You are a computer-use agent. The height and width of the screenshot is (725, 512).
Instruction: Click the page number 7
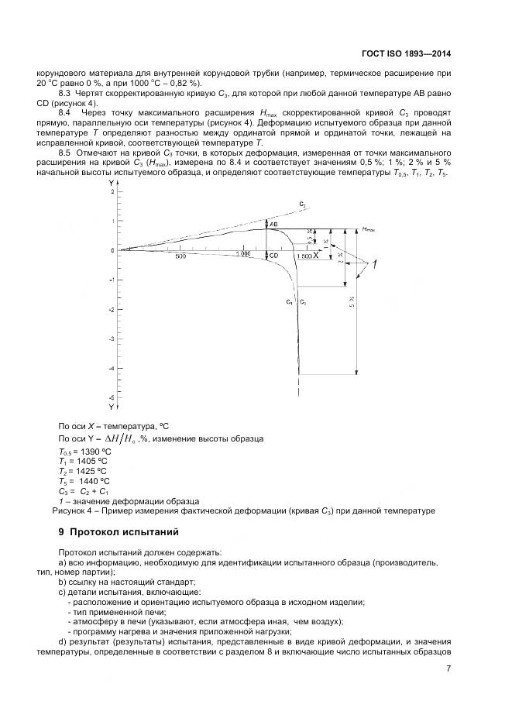coord(448,670)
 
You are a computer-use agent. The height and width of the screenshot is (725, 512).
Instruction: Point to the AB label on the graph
coord(273,224)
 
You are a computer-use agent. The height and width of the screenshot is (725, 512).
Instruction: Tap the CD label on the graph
coord(273,255)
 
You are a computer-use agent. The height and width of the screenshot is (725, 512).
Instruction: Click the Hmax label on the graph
coord(368,230)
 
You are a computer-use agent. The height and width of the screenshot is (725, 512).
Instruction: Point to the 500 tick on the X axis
coord(180,256)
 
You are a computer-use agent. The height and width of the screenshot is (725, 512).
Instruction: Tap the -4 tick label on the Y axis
coord(112,369)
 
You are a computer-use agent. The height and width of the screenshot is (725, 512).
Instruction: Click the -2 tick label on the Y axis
coord(112,310)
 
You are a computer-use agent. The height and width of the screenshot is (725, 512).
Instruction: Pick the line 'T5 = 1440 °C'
coord(85,481)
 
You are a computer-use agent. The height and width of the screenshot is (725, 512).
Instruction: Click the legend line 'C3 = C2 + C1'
coord(84,491)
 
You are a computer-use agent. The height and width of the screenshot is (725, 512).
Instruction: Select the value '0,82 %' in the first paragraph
coord(184,83)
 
